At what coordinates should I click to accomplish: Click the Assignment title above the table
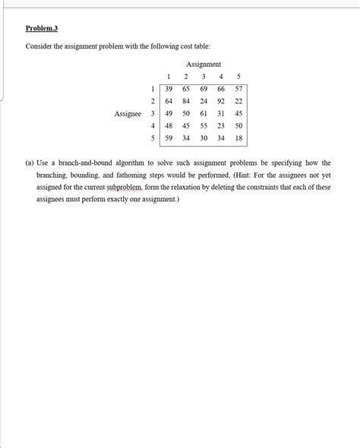click(x=204, y=64)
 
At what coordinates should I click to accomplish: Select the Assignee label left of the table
click(x=128, y=114)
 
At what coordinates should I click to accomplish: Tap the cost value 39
click(x=169, y=89)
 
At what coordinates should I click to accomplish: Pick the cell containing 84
click(x=186, y=101)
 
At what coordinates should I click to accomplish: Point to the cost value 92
click(x=221, y=101)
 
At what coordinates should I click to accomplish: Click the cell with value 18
click(x=238, y=138)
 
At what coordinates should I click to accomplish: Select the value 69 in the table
click(x=204, y=89)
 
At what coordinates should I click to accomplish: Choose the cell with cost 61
click(x=204, y=114)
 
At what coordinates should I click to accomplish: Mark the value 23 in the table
click(x=221, y=126)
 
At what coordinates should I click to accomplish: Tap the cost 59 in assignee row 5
click(x=169, y=138)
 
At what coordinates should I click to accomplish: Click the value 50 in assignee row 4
click(x=238, y=126)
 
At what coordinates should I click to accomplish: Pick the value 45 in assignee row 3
click(x=238, y=114)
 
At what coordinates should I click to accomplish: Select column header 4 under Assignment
click(x=221, y=76)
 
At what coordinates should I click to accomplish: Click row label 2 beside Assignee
click(x=153, y=101)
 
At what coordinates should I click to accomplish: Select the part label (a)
click(x=30, y=162)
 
